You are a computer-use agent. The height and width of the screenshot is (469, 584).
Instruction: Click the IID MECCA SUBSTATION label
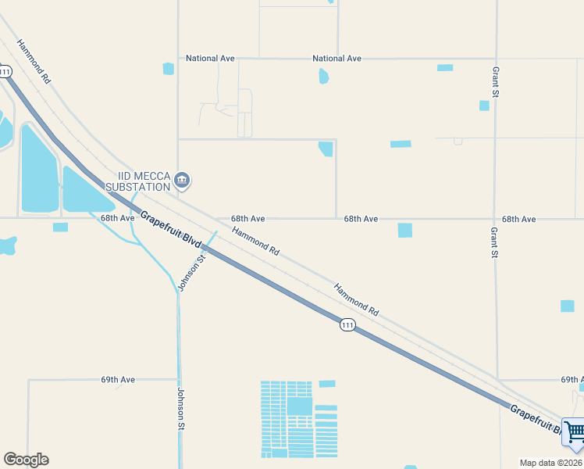143,182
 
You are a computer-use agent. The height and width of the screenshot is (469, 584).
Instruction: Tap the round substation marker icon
182,181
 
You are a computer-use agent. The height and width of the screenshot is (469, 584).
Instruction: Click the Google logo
26,460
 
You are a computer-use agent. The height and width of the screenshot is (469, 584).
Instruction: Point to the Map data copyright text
551,463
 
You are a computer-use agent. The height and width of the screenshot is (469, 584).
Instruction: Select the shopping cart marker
574,432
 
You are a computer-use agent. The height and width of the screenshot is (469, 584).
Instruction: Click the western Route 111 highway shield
5,72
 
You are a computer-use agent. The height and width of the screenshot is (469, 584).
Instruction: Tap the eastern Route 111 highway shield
347,324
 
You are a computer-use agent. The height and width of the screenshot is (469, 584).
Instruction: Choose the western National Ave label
210,59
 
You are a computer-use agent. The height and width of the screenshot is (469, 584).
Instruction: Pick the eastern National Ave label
337,59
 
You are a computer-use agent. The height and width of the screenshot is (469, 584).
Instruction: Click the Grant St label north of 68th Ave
495,82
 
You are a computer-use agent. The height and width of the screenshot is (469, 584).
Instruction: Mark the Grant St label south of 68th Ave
494,242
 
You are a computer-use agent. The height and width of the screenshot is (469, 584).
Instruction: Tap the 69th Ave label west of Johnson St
118,380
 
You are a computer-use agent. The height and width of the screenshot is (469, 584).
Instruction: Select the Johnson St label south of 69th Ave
181,410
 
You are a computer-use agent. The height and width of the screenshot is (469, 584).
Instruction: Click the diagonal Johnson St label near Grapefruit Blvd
191,272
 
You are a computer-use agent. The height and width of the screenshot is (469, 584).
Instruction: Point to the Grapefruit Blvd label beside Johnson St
166,231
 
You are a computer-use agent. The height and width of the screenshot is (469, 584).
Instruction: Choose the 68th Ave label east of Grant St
518,220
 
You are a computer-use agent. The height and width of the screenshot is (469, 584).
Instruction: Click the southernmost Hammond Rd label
356,299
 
